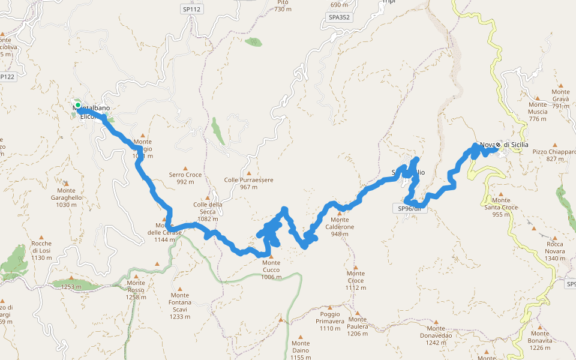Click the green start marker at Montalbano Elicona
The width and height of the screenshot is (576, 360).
point(77,106)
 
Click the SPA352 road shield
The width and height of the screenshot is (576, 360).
point(339,17)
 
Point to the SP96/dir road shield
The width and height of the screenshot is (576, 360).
point(412,208)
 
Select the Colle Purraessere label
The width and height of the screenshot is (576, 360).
point(248,183)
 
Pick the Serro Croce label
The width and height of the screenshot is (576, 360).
point(185,178)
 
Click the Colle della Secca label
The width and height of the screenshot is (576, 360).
point(208,211)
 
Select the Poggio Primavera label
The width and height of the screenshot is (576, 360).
point(330,321)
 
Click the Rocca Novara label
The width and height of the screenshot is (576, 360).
point(554,251)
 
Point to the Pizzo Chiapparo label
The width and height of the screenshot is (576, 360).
point(553,155)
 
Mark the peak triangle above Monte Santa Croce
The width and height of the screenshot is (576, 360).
point(501,192)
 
